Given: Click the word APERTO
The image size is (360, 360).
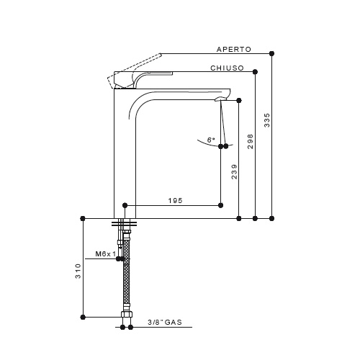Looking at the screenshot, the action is coord(234,50).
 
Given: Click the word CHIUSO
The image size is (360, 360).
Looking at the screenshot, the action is coord(227,68).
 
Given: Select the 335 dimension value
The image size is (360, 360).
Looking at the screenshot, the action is coord(267,120).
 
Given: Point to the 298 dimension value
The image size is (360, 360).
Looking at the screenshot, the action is coord(251,142).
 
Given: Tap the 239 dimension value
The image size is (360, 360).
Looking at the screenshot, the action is coord(234,171).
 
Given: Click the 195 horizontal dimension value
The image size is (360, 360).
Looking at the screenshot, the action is coord(175,200).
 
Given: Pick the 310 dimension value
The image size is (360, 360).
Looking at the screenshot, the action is coord(78,271).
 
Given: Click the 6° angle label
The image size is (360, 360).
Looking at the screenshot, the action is coord(211,140).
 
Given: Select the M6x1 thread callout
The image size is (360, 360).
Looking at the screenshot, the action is coord(106,253).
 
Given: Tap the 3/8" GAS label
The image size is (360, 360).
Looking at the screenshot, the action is coord(165,322).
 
